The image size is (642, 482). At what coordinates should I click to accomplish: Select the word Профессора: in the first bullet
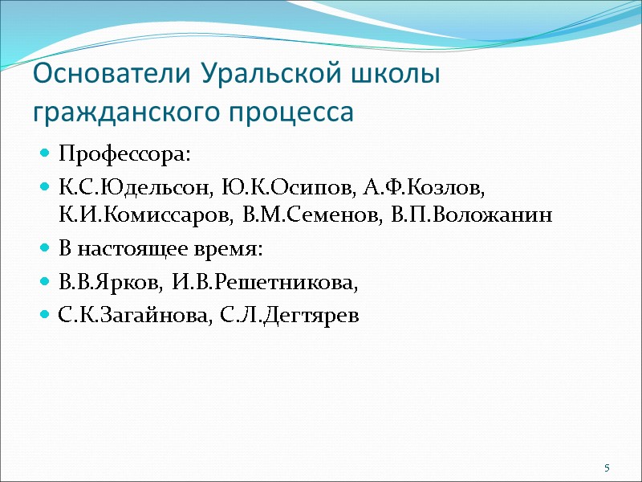pyautogui.click(x=126, y=153)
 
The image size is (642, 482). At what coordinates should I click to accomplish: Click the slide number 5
pyautogui.click(x=607, y=468)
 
